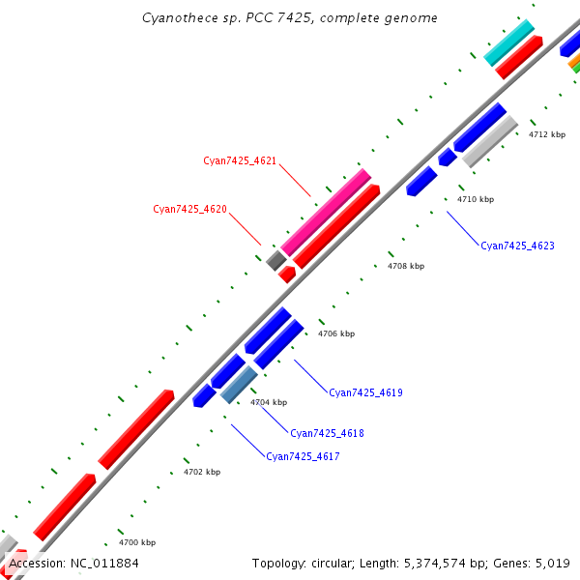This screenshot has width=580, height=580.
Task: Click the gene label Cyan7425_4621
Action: (240, 160)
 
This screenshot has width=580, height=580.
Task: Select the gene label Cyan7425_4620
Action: (189, 209)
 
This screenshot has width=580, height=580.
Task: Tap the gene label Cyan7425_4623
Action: (517, 246)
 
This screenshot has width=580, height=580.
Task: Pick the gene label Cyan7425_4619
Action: (365, 393)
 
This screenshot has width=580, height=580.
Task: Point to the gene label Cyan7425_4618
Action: (327, 434)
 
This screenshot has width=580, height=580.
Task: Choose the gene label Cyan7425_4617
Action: (303, 456)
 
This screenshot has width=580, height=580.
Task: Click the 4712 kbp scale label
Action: (546, 134)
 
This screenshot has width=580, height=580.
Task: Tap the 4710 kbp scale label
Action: (476, 200)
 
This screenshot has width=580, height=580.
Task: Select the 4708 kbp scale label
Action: (405, 266)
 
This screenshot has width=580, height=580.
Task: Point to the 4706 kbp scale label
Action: (336, 334)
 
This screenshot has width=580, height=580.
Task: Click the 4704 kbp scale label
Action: (269, 402)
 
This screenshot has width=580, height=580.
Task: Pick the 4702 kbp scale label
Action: (202, 473)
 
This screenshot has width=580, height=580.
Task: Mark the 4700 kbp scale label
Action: (136, 543)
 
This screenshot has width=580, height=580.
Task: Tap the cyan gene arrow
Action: (509, 43)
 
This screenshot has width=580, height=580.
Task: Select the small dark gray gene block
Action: (276, 259)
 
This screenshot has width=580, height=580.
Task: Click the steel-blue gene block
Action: (239, 384)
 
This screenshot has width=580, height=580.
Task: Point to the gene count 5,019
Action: (553, 563)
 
